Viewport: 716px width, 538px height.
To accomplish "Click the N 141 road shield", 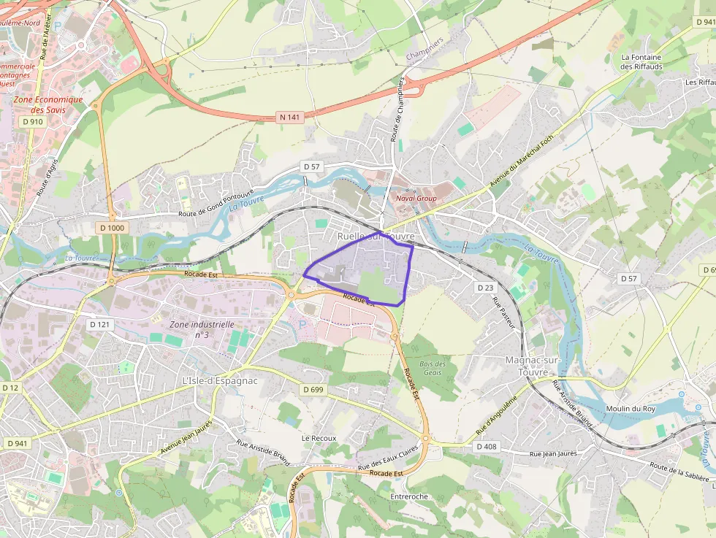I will [x=290, y=117].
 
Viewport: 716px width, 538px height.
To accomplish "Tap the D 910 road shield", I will [x=33, y=121].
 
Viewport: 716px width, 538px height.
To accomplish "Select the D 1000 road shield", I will [x=112, y=228].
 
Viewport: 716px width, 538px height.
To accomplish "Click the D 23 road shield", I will [x=486, y=288].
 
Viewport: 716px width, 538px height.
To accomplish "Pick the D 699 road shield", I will [x=312, y=390].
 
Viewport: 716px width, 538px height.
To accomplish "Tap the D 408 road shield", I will [x=486, y=446].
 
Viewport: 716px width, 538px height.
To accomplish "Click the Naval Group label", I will [x=415, y=198].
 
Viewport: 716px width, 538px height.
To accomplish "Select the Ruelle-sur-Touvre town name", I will [x=376, y=237].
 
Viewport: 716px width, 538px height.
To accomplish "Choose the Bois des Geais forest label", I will [x=433, y=368].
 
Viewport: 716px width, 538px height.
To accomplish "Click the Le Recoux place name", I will [x=319, y=438].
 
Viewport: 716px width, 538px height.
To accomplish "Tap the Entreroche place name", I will [x=409, y=496].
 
